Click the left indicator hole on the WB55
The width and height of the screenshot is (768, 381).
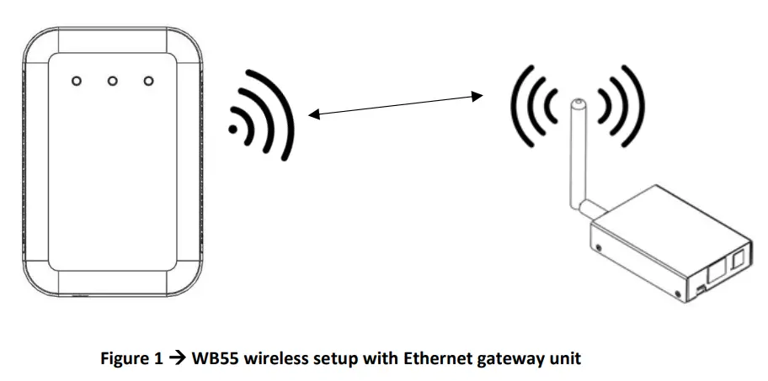point(76,81)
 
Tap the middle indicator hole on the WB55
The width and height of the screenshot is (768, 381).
point(112,81)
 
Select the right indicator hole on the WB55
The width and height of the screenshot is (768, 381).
point(149,81)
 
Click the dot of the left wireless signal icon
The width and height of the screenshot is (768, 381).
point(233,129)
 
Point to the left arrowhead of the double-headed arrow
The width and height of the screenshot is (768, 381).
point(312,115)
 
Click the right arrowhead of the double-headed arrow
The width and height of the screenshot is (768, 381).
point(481,96)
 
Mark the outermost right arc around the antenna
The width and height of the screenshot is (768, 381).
point(635,105)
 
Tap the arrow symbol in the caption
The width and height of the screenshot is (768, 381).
point(175,359)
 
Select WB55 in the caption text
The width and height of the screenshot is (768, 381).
point(211,359)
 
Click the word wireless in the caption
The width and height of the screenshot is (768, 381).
point(267,359)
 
